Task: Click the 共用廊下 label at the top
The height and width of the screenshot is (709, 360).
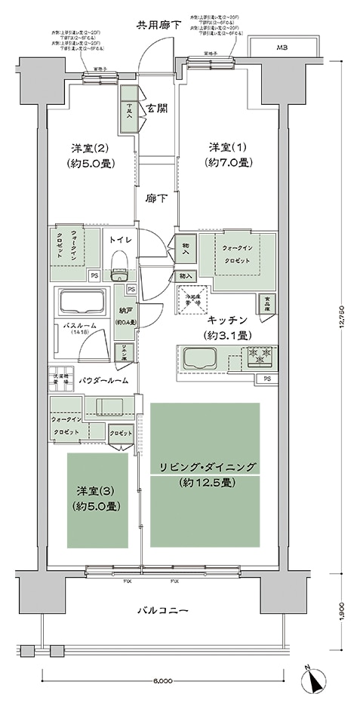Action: pyautogui.click(x=158, y=25)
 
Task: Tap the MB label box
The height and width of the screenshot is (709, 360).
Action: pyautogui.click(x=282, y=49)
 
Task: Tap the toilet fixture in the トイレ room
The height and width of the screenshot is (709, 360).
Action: pyautogui.click(x=118, y=265)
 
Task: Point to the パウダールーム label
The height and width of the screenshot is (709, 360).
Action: pyautogui.click(x=111, y=381)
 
